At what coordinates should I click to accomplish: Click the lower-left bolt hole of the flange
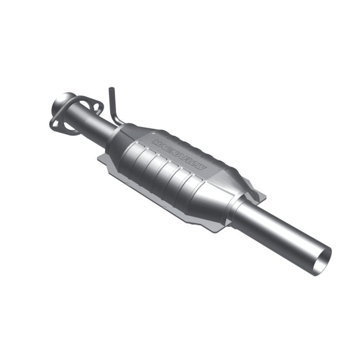click(x=55, y=123)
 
